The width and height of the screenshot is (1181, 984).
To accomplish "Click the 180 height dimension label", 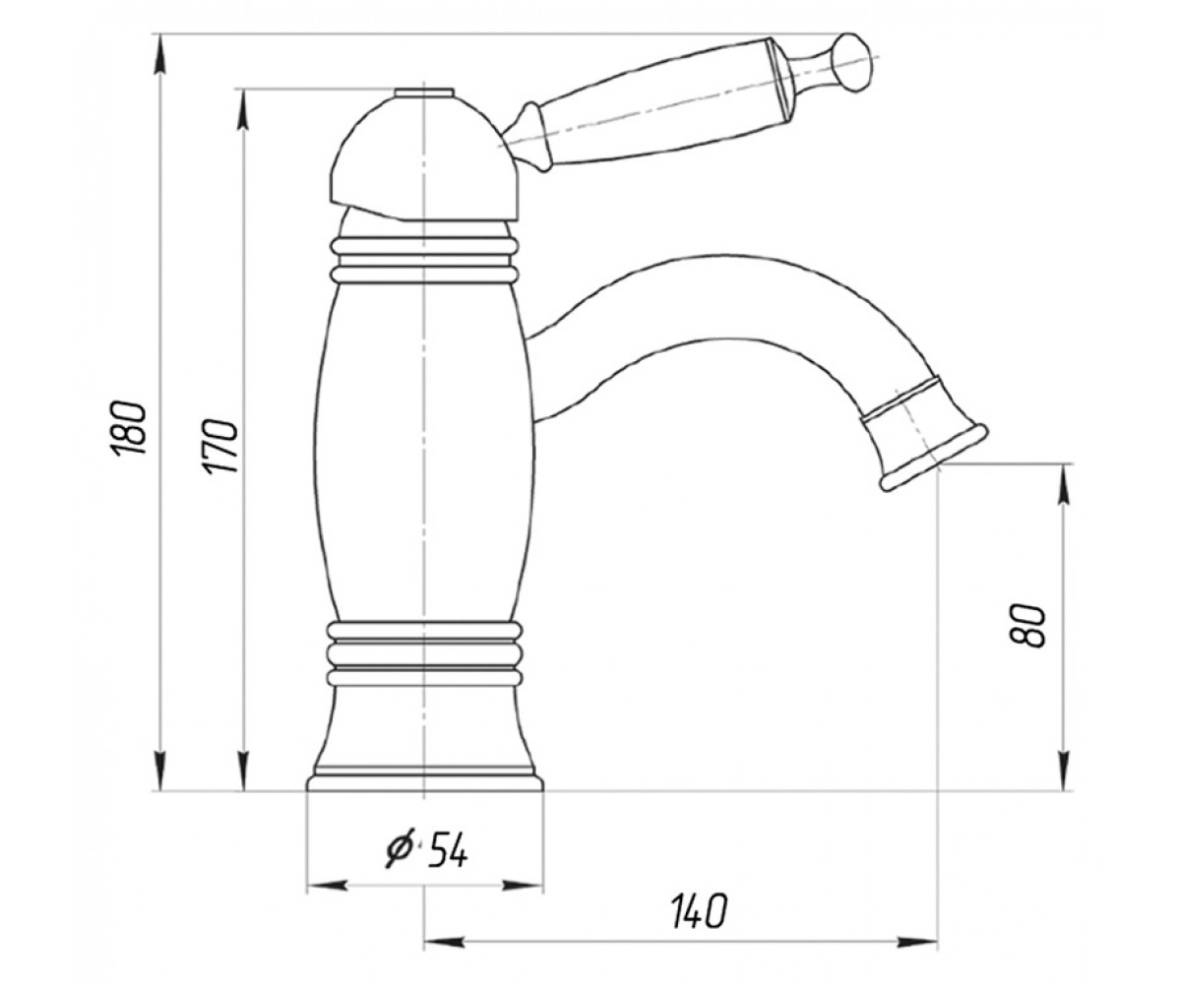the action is click(129, 429).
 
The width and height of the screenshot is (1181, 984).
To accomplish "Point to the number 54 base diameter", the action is click(449, 850).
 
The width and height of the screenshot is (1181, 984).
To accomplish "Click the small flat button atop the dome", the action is click(424, 92).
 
